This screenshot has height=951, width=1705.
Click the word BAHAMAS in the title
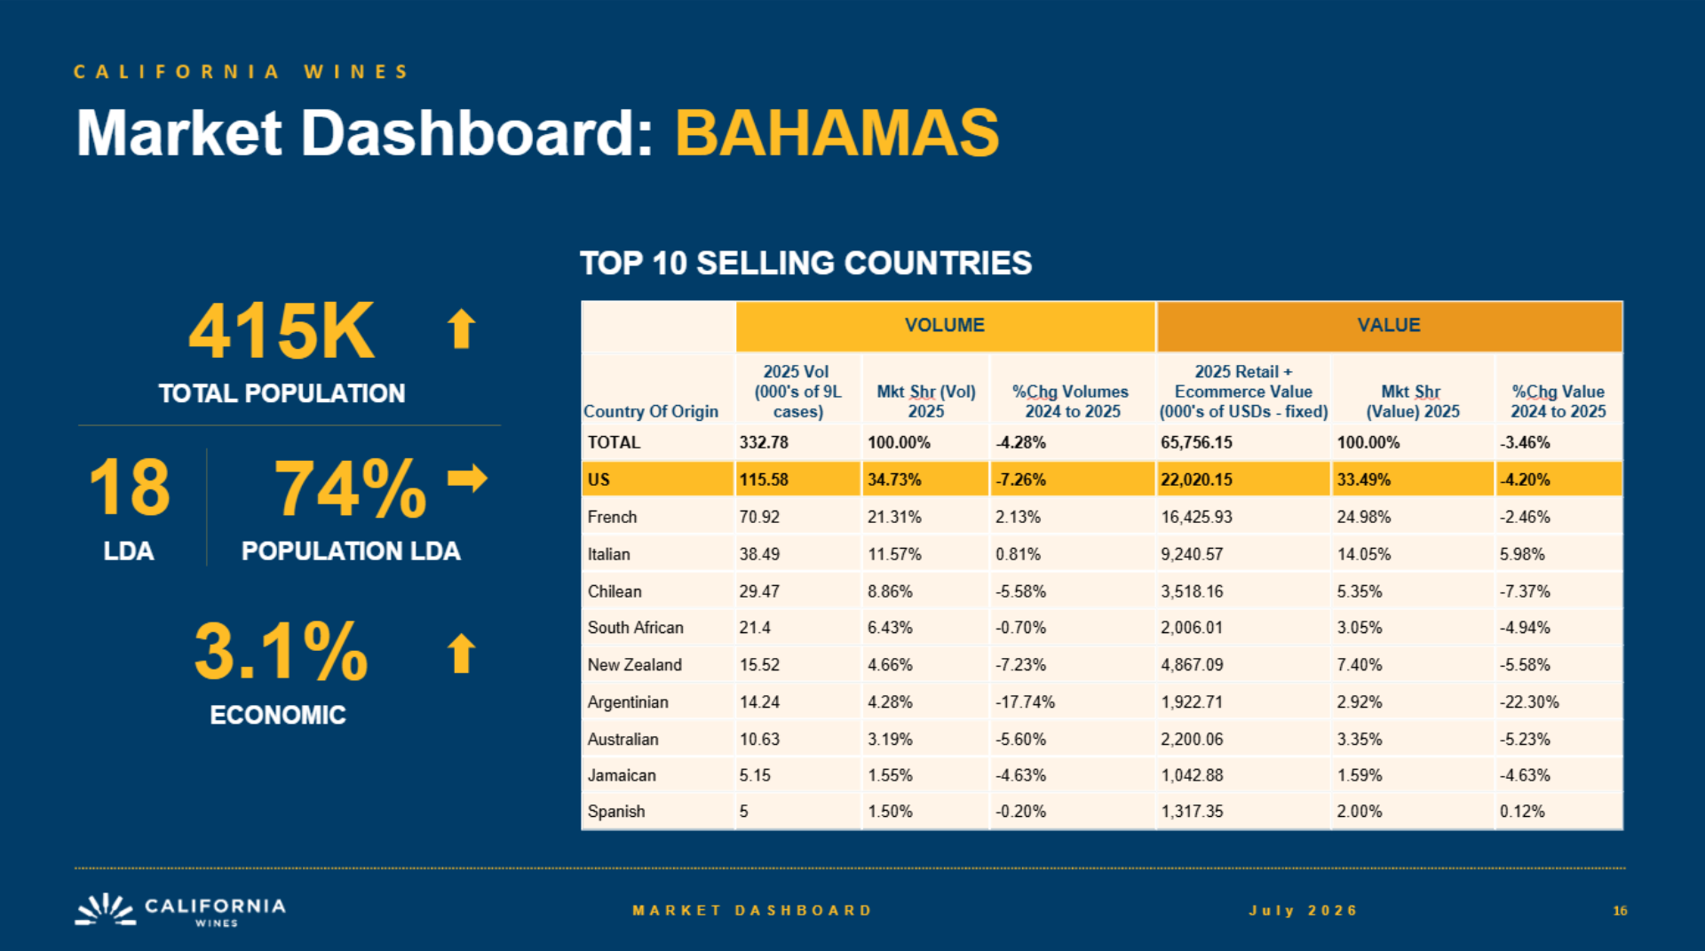(x=837, y=133)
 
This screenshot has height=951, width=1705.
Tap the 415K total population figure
(x=282, y=331)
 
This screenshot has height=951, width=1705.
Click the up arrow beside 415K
(x=461, y=329)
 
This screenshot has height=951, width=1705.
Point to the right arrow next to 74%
(x=467, y=478)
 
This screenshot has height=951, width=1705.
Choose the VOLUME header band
(x=945, y=325)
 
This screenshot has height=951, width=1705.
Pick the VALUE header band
(x=1389, y=325)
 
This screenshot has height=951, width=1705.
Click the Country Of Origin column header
(x=651, y=411)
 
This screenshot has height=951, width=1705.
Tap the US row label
(x=599, y=479)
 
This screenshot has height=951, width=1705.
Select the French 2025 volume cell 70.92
(x=759, y=517)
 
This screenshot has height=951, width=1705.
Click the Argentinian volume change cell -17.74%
(x=1025, y=701)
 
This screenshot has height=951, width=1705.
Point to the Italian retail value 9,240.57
(x=1192, y=554)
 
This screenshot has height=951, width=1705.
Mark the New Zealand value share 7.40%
(x=1360, y=664)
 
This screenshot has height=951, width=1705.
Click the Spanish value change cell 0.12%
(x=1522, y=811)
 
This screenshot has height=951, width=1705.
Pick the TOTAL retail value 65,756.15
(x=1196, y=442)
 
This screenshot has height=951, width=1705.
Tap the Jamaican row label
(x=622, y=775)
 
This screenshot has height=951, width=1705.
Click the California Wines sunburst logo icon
(x=105, y=909)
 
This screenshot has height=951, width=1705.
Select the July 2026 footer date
(x=1304, y=910)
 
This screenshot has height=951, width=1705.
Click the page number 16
(x=1620, y=910)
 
